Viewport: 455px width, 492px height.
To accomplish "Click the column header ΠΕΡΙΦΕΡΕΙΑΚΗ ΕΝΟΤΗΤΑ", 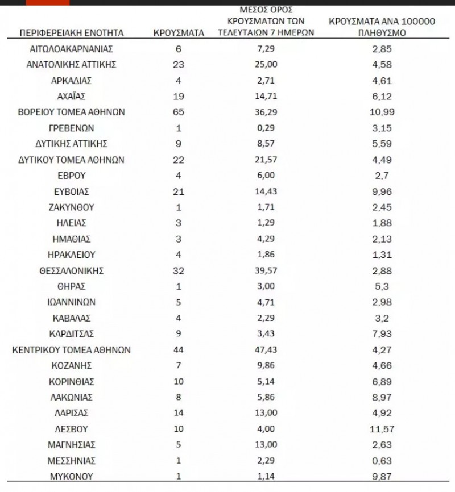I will (72, 34).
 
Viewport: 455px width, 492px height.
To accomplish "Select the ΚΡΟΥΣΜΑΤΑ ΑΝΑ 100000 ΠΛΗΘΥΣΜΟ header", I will (382, 27).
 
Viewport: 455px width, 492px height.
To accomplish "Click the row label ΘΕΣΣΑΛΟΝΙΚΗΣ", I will (72, 270).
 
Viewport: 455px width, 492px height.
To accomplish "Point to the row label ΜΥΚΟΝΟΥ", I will (72, 476).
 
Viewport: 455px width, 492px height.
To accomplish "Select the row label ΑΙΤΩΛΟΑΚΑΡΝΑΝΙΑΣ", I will (72, 49).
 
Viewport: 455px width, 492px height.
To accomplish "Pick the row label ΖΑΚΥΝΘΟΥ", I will (72, 207).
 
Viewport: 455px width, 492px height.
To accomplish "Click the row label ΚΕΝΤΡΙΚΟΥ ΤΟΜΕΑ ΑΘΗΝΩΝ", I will (72, 350).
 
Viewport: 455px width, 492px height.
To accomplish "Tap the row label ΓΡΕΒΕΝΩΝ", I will (72, 128).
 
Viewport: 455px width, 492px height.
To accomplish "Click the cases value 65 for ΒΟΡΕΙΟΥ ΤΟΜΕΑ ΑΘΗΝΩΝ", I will (179, 112).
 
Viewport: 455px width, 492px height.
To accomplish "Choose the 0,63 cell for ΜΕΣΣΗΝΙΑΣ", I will (381, 461).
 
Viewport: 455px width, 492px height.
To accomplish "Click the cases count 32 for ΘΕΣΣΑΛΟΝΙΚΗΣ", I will (179, 270).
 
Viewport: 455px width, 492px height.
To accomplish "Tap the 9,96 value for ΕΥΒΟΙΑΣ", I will (381, 191).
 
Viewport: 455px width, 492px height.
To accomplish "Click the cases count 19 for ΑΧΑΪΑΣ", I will (179, 97).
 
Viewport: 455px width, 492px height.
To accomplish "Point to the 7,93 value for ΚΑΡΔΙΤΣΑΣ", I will (381, 334).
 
